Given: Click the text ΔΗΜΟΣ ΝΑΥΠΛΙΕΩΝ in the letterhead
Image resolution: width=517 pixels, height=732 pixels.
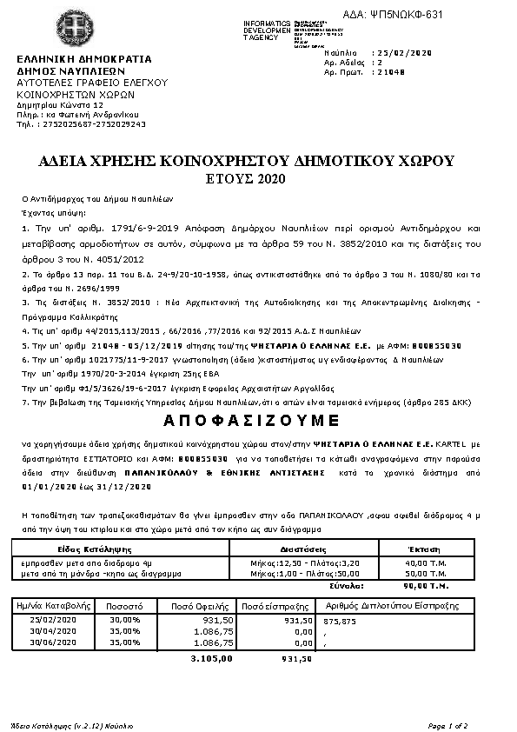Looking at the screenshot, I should click(71, 71).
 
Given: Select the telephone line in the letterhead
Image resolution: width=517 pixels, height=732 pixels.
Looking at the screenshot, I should click(82, 123).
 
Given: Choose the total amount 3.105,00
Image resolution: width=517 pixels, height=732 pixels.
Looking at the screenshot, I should click(212, 658).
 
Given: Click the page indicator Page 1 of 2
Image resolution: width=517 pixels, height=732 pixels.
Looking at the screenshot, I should click(447, 724).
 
